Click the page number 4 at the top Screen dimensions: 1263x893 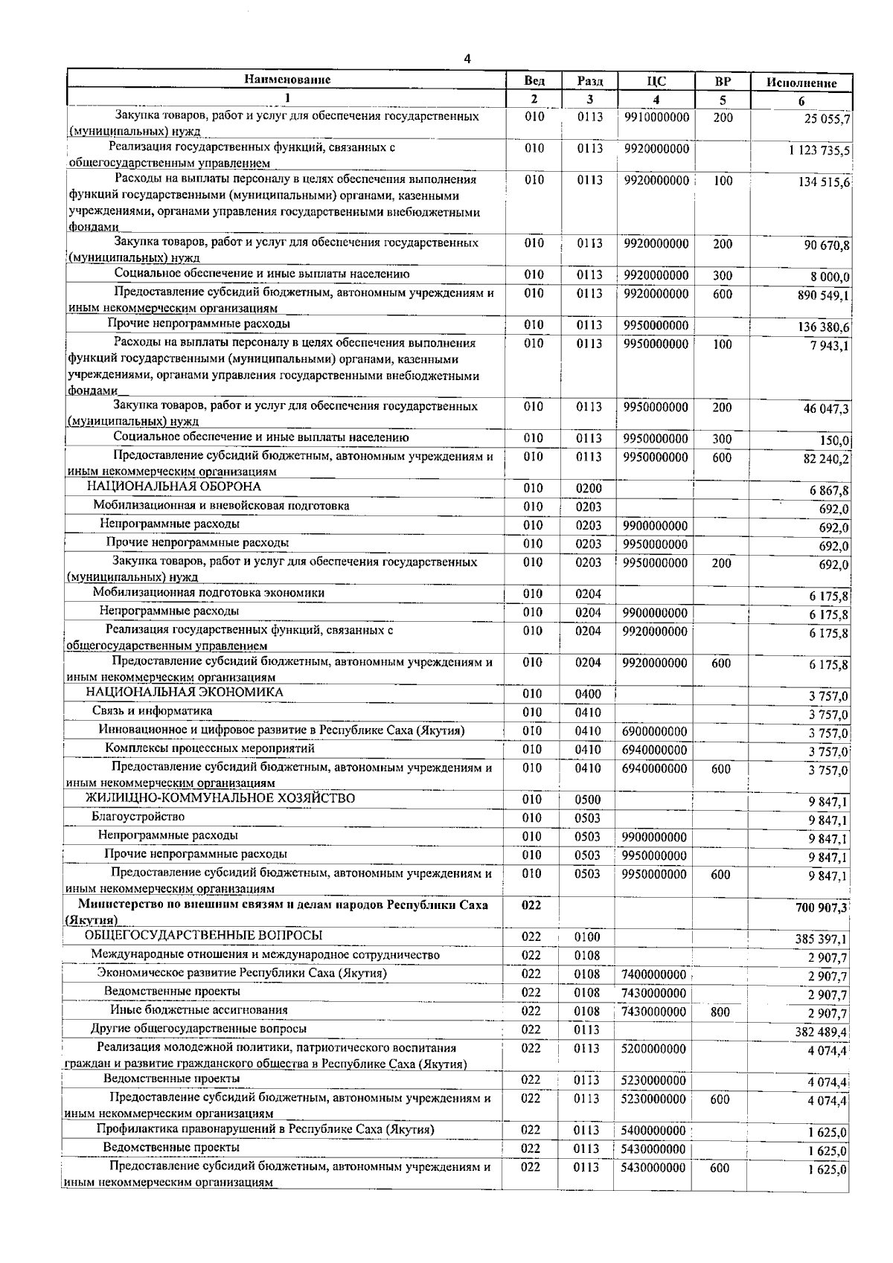coord(467,60)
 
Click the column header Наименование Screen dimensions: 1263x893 coord(287,80)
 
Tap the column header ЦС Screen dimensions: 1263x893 coord(656,82)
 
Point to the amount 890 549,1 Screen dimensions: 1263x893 coord(824,295)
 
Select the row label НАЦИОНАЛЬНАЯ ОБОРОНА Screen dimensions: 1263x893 coord(174,487)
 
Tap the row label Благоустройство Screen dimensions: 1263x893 coord(138,817)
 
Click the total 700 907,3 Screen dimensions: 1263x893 coord(822,907)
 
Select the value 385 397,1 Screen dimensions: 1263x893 coord(822,939)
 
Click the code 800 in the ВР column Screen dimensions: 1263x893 coord(720,1012)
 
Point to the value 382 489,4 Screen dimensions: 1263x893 coord(822,1032)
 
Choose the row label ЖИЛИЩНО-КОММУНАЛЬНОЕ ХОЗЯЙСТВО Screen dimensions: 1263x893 coord(220,799)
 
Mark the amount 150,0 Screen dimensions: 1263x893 coord(835,441)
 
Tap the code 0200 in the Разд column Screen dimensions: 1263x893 coord(588,489)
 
